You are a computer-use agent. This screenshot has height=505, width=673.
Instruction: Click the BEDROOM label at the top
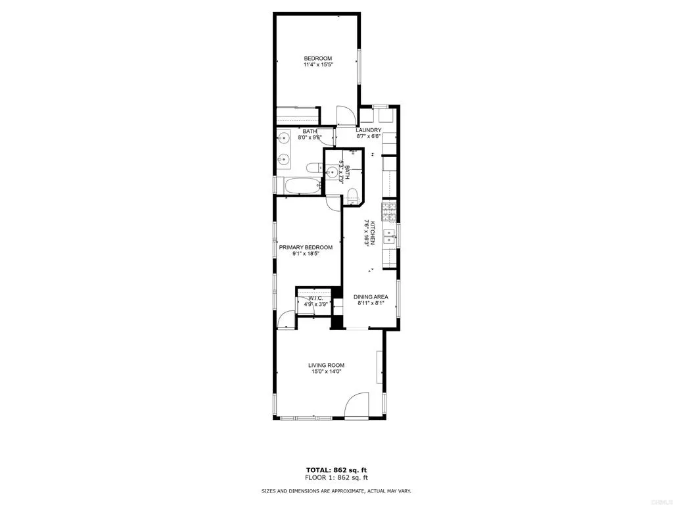[x=317, y=58]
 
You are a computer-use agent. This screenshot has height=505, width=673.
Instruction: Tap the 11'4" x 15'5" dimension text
[x=317, y=64]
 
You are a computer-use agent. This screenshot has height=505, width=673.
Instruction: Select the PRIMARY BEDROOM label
[x=305, y=248]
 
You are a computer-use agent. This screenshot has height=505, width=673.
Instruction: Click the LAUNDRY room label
[x=368, y=130]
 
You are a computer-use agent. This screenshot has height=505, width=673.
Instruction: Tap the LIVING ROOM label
[x=326, y=365]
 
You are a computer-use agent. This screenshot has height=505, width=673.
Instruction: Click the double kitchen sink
[x=390, y=236]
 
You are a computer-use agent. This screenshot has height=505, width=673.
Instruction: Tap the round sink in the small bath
[x=333, y=174]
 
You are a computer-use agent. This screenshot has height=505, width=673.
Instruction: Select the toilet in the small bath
[x=352, y=194]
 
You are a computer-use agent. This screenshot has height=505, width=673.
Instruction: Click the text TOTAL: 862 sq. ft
[x=336, y=469]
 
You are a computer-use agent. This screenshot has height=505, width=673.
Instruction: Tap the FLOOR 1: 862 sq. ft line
[x=336, y=477]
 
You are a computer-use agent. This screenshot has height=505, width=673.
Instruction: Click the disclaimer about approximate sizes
[x=336, y=491]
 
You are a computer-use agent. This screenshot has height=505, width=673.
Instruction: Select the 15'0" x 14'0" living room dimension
[x=326, y=372]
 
